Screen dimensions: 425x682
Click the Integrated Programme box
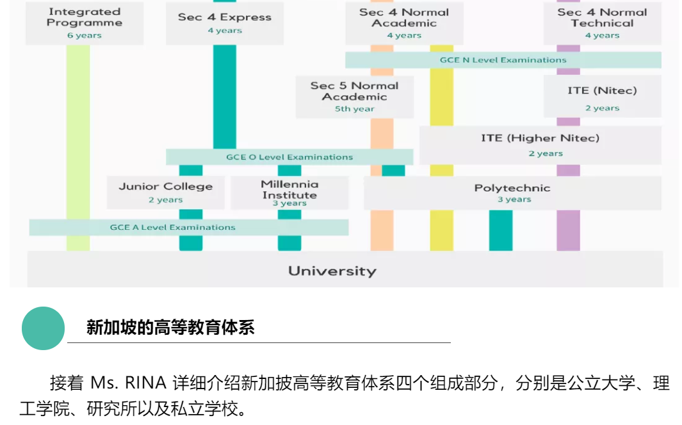tap(85, 23)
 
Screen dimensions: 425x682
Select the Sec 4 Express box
tap(224, 23)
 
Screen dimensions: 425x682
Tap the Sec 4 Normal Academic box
tap(403, 23)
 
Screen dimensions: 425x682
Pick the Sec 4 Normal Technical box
tap(601, 23)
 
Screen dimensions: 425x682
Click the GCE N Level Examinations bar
tap(503, 60)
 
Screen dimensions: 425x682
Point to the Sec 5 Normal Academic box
tap(354, 97)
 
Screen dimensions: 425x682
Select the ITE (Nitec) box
tap(602, 97)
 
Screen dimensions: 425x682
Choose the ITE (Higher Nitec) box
tap(540, 144)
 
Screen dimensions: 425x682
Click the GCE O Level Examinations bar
tap(289, 157)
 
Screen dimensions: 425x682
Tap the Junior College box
tap(165, 192)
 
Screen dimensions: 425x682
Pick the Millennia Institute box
tap(289, 192)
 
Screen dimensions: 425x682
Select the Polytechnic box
tap(512, 193)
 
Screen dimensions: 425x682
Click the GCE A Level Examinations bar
tap(173, 227)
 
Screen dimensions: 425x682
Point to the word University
tap(332, 271)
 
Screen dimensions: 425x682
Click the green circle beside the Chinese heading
tap(44, 328)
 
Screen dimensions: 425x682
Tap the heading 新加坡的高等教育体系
tap(170, 328)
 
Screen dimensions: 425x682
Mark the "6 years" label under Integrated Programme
tap(85, 36)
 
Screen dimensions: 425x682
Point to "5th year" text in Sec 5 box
tap(354, 109)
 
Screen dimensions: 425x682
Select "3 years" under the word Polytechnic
tap(514, 200)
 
